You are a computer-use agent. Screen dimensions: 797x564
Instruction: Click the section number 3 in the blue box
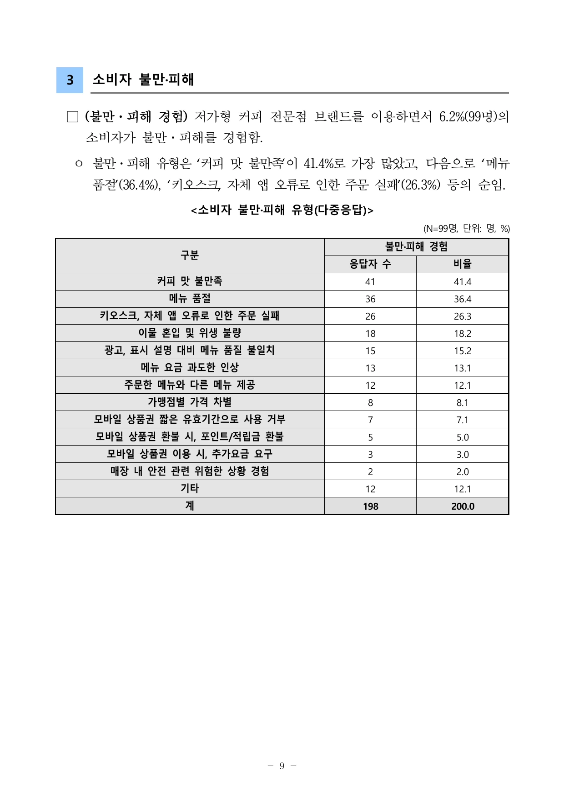pos(70,80)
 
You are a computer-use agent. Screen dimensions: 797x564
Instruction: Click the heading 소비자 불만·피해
pos(143,80)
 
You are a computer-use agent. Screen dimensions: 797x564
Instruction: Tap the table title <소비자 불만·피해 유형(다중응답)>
pos(282,210)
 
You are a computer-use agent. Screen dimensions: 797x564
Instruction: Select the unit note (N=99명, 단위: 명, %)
pos(466,229)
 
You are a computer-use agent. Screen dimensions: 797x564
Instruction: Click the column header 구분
pos(190,256)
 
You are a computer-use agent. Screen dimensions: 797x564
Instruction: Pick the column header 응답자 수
pos(370,264)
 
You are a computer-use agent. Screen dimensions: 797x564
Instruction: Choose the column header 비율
pos(462,264)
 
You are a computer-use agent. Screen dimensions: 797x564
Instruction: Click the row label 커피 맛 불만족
pos(190,281)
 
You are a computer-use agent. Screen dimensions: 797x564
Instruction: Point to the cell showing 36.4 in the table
pos(462,299)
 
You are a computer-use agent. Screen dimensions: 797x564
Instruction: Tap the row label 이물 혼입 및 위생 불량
pos(190,333)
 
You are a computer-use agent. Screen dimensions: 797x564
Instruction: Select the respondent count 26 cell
pos(370,316)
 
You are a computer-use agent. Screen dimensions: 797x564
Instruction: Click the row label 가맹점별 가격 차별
pos(190,402)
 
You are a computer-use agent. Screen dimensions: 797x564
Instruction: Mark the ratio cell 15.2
pos(462,351)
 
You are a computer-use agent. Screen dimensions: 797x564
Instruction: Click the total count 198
pos(370,506)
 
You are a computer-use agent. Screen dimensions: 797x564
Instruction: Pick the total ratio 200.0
pos(462,506)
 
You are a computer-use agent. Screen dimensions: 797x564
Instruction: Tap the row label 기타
pos(190,489)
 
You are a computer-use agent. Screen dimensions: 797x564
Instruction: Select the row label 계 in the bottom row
pos(190,506)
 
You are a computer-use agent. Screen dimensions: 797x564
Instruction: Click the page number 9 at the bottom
pos(282,766)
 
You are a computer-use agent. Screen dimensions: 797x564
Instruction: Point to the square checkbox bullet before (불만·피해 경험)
pos(72,117)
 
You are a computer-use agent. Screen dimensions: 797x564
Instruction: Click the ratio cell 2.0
pos(462,472)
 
